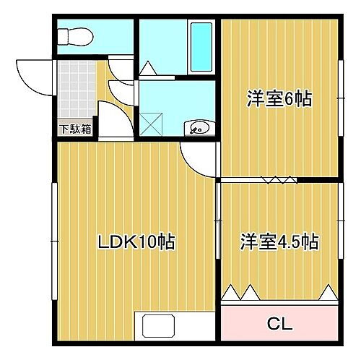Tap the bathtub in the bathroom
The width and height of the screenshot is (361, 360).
coord(201,46)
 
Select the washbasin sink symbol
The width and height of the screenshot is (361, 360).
coord(199,129)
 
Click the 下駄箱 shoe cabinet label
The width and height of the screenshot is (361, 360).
coord(75,129)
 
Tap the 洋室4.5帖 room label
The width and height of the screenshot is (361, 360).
coord(280,241)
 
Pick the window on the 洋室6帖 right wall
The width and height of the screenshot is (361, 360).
coord(340,94)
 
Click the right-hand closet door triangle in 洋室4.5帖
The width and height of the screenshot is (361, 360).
coord(329,293)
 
